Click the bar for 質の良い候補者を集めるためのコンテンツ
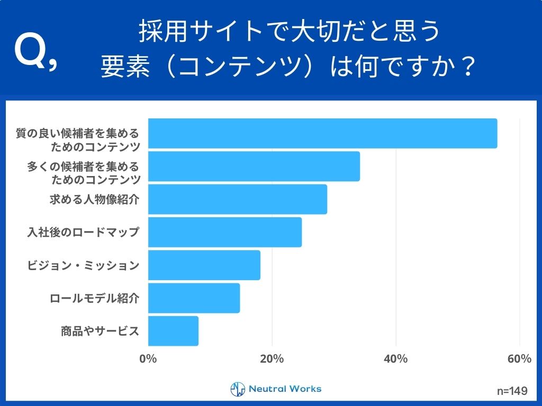coord(322,133)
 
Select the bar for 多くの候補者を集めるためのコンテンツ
coord(254,166)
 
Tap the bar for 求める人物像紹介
coord(238,199)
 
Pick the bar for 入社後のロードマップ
coord(225,232)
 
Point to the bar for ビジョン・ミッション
coord(204,265)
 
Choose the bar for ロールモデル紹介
coord(194,298)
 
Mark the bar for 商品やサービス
coord(173,331)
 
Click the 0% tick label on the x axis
coord(148,359)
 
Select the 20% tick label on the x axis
coord(272,359)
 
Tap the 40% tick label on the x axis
coord(395,359)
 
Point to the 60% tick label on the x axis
coord(519,359)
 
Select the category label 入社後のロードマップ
coord(83,232)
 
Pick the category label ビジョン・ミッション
coord(83,265)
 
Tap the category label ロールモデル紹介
coord(94,298)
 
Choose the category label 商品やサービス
coord(100,331)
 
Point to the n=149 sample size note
coord(512,391)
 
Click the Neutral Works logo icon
coord(238,389)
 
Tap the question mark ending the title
coord(466,67)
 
